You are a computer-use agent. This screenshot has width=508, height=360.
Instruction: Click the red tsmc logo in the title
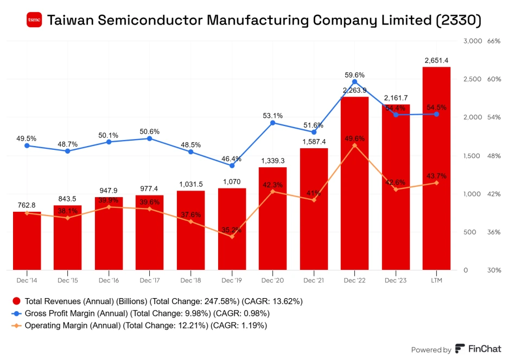point(34,20)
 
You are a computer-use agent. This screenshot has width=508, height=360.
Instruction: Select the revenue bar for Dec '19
point(232,229)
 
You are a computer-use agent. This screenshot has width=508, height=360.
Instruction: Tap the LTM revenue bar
point(436,168)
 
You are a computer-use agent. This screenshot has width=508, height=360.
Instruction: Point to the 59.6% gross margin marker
point(354,82)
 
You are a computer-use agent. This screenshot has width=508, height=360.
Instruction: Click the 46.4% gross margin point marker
point(232,166)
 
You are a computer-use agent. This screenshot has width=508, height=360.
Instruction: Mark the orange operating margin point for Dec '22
point(354,146)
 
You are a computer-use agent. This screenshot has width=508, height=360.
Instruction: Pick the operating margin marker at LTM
point(436,183)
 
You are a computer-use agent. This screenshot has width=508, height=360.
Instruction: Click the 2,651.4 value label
point(436,60)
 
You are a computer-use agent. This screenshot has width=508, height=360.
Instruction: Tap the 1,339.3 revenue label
point(272,161)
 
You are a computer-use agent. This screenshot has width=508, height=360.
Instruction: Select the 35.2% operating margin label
point(232,230)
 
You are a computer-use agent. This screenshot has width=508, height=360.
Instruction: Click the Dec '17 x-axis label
point(150,280)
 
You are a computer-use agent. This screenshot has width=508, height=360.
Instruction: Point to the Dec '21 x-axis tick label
point(314,280)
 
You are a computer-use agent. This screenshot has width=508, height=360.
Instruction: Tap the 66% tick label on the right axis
point(494,41)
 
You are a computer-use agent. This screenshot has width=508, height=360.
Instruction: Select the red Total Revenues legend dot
point(17,301)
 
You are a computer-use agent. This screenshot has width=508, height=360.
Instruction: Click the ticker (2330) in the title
point(459,21)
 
